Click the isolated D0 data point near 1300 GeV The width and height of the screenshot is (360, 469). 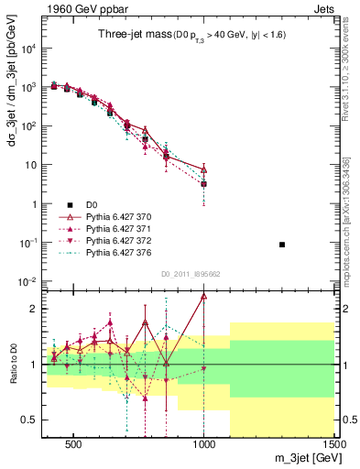pyautogui.click(x=282, y=245)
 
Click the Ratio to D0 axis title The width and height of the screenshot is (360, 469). pyautogui.click(x=12, y=360)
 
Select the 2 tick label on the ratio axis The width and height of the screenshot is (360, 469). pyautogui.click(x=32, y=309)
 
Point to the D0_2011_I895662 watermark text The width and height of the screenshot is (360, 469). pyautogui.click(x=191, y=274)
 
